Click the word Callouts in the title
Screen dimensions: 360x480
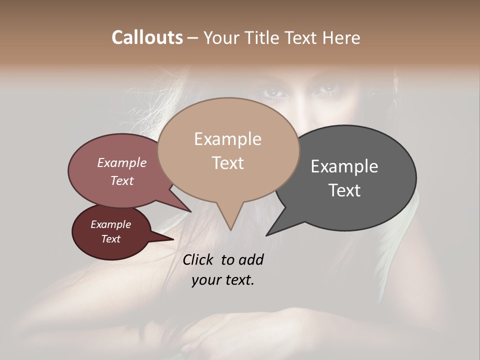147,37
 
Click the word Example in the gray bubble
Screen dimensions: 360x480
344,166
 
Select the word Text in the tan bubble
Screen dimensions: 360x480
228,163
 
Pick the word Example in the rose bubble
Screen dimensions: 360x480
121,162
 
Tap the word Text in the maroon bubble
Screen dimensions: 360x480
110,239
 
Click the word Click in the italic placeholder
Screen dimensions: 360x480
199,259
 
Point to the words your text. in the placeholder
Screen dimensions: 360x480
223,280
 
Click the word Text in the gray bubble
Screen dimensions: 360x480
345,190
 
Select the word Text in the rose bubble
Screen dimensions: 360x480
121,180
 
